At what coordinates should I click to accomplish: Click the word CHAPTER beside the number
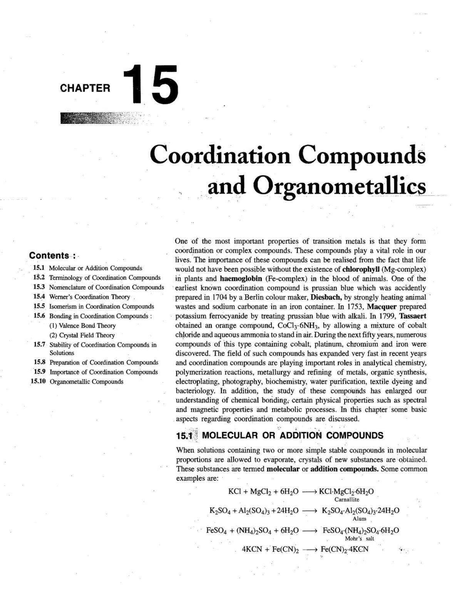[x=85, y=88]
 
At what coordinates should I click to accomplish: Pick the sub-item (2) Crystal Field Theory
[x=82, y=335]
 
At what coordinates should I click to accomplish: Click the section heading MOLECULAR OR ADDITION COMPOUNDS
[x=293, y=436]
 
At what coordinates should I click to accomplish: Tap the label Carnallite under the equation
[x=347, y=499]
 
